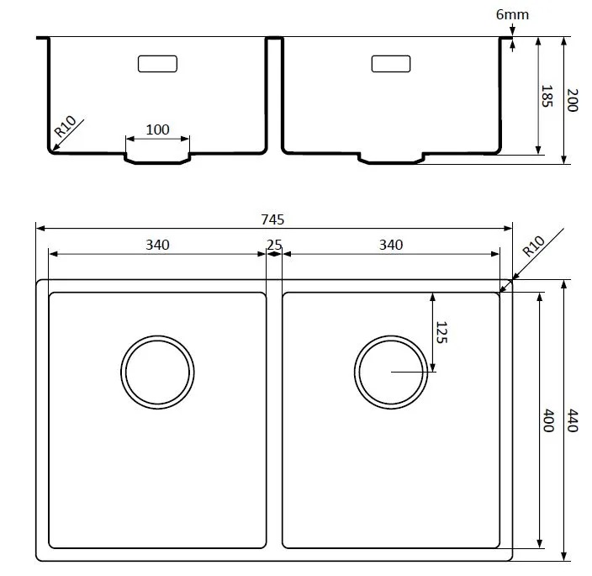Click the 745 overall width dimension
[272, 219]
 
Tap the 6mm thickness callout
[512, 15]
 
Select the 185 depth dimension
[547, 96]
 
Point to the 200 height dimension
[573, 100]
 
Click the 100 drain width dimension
[157, 129]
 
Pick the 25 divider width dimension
[274, 245]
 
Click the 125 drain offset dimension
[441, 332]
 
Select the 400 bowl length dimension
[548, 420]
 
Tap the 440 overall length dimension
[573, 420]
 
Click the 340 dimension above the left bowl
[157, 245]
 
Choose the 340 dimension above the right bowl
[391, 245]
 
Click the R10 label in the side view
[65, 126]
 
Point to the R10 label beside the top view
[533, 246]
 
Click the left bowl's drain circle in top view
[157, 336]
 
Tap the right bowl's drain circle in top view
[391, 336]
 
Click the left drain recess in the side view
[157, 163]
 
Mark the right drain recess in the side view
[391, 163]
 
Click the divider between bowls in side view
[274, 37]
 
